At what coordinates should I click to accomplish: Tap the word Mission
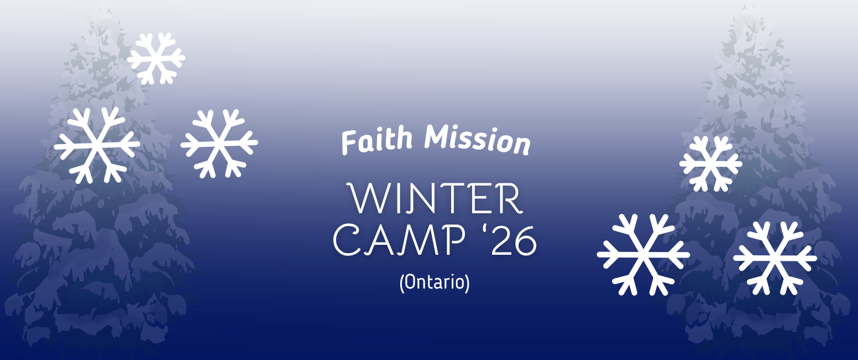(477, 140)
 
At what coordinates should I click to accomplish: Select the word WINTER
(435, 198)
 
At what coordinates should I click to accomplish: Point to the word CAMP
(399, 240)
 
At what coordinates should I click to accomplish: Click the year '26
(510, 240)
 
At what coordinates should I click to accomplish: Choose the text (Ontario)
(435, 283)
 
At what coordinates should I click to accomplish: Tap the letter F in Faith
(349, 142)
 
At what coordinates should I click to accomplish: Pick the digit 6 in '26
(525, 241)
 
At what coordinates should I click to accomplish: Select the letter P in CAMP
(454, 240)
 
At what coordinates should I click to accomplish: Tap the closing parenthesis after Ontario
(467, 283)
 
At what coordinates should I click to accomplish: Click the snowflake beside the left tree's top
(156, 59)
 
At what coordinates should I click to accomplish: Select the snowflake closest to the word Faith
(219, 144)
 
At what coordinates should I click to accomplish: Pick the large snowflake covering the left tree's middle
(97, 145)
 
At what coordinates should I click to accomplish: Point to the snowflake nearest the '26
(643, 255)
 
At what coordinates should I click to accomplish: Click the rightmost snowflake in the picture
(776, 258)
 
